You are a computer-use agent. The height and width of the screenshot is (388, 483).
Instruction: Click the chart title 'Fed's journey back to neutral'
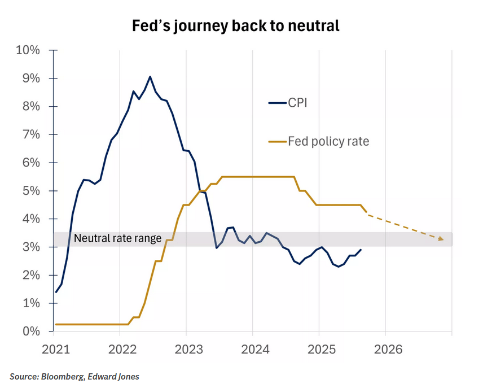tap(236, 26)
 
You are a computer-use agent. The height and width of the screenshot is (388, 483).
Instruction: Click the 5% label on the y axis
tap(31, 191)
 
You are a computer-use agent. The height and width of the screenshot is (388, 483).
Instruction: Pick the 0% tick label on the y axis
tap(31, 332)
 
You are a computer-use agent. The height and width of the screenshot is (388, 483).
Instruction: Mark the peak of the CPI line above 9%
tap(150, 77)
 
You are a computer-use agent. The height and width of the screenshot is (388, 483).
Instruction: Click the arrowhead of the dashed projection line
tap(441, 239)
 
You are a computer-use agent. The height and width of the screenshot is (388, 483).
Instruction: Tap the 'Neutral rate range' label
tap(118, 238)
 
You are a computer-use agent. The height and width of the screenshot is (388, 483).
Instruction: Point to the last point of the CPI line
tap(361, 250)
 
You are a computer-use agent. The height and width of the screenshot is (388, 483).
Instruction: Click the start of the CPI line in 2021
tap(56, 292)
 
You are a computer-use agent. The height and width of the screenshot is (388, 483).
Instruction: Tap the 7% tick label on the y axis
tap(31, 134)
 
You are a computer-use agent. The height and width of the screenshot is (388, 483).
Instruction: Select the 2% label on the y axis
tap(31, 275)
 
